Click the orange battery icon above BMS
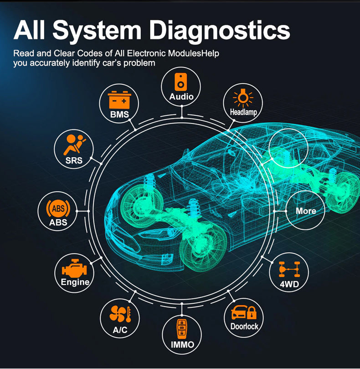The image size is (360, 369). [x=119, y=100]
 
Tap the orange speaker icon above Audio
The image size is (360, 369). [x=180, y=82]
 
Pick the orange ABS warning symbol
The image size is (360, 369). [x=58, y=208]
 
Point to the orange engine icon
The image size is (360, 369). [x=74, y=268]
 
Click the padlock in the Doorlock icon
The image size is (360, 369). [x=252, y=313]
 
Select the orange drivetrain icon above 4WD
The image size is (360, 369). [x=289, y=269]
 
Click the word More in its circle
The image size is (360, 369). [x=306, y=211]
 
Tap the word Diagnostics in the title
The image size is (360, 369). [x=219, y=31]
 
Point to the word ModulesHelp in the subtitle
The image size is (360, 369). [x=194, y=53]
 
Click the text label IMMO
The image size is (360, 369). [x=182, y=345]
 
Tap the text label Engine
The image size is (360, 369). [x=75, y=282]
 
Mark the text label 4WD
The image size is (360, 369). [x=289, y=284]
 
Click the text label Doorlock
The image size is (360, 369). [x=244, y=327]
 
